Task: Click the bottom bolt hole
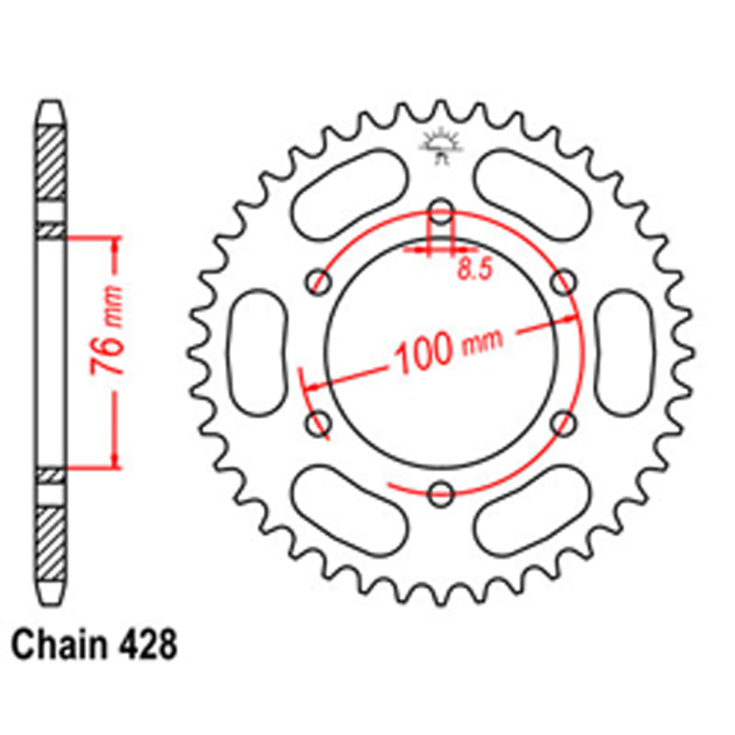pyautogui.click(x=441, y=493)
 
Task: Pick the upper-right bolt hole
pyautogui.click(x=563, y=281)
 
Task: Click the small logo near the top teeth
pyautogui.click(x=441, y=144)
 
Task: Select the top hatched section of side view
pyautogui.click(x=51, y=162)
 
